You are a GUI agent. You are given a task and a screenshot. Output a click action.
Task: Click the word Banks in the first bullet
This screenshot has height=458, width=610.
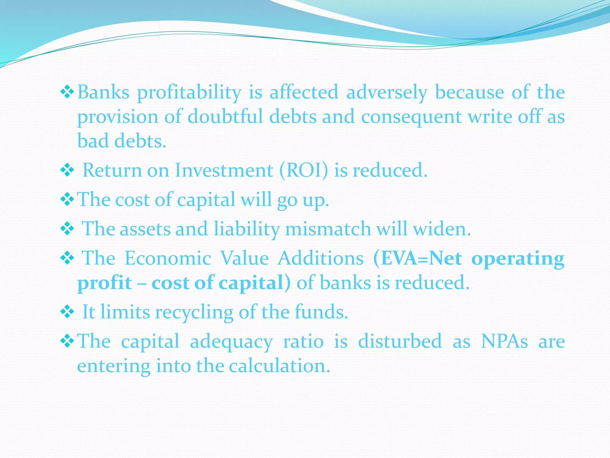(103, 92)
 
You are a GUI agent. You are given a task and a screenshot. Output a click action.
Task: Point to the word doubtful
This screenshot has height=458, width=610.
(225, 117)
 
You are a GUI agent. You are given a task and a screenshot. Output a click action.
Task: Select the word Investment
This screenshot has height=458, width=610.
(224, 170)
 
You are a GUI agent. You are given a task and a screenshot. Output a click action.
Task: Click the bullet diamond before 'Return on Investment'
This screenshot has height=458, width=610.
(67, 170)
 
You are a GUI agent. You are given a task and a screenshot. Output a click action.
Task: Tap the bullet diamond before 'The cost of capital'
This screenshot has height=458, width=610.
(67, 199)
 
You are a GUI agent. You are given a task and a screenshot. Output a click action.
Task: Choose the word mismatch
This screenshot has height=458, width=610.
(328, 229)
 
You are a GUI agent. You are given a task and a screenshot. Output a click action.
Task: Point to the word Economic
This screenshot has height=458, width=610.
(168, 258)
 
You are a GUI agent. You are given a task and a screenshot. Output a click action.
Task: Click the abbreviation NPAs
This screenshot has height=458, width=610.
(504, 341)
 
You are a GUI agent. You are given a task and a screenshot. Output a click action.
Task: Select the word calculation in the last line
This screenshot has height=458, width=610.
(279, 366)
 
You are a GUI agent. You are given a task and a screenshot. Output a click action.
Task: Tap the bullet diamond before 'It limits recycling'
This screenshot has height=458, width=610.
(67, 312)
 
